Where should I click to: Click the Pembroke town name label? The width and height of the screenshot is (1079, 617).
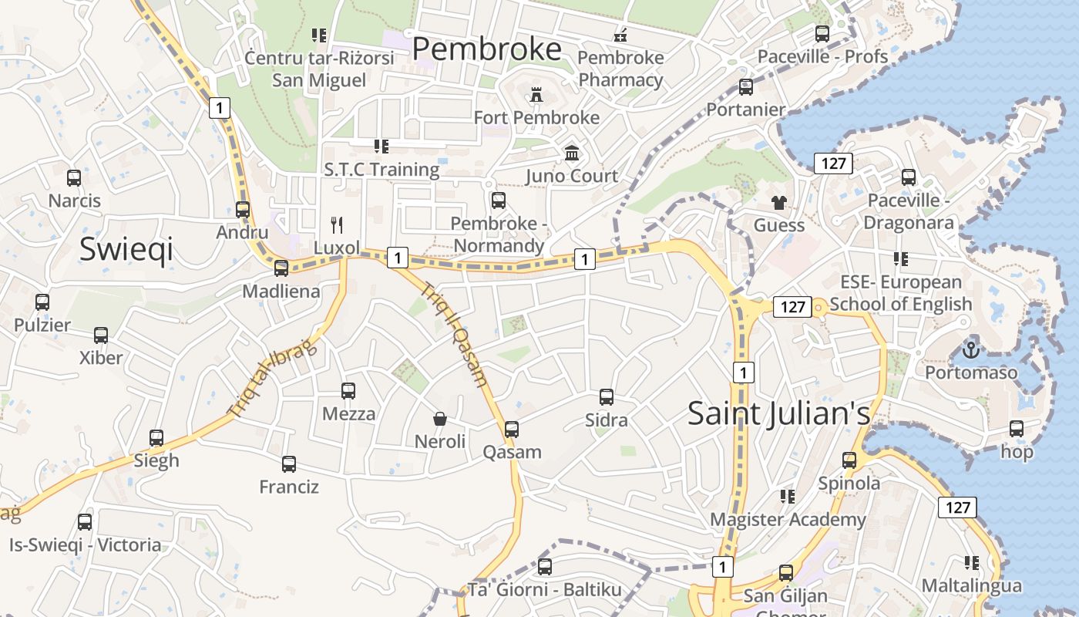coord(487,49)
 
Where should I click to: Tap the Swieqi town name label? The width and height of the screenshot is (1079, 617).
coord(126,250)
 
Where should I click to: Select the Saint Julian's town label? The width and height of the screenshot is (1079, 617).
coord(778,413)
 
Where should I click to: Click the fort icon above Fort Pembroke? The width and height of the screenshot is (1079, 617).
coord(536,95)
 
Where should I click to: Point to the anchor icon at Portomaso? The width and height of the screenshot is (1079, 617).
coord(970,350)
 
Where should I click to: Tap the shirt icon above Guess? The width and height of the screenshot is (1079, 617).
coord(779,203)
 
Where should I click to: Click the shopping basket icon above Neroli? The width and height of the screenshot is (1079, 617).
coord(440,419)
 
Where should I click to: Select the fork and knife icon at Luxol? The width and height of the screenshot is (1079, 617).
coord(337,225)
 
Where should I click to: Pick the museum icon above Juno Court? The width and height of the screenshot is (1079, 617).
coord(572,153)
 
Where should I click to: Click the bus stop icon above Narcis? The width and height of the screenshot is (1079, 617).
coord(74,178)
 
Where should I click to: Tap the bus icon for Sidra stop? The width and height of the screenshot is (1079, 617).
coord(607,397)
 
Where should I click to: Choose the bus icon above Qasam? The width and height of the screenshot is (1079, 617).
coord(512,430)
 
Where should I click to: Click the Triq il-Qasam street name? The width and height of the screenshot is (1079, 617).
coord(454,333)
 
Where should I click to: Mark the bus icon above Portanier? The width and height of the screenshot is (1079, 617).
coord(745,87)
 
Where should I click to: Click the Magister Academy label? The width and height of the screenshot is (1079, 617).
coord(788,519)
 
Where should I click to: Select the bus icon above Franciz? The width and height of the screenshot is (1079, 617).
coord(289,464)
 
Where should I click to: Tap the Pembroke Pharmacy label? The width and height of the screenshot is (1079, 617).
coord(620,69)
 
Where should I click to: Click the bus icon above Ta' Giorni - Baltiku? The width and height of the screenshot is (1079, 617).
coord(545,567)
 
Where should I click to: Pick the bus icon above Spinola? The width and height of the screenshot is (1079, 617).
coord(849,460)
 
